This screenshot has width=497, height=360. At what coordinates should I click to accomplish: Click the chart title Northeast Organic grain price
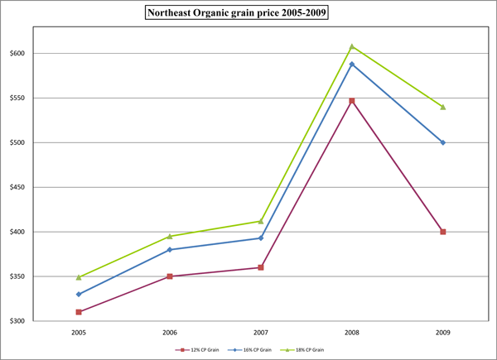[x=248, y=12]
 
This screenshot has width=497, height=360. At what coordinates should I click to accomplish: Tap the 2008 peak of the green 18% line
[x=352, y=46]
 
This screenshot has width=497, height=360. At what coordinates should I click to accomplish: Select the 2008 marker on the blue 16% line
[x=352, y=64]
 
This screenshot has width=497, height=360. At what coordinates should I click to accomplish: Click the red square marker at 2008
[x=352, y=101]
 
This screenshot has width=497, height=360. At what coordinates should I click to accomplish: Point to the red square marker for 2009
[x=443, y=232]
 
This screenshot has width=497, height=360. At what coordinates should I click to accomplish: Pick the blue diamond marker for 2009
[x=443, y=142]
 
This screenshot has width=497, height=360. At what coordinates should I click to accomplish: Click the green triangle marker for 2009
[x=443, y=107]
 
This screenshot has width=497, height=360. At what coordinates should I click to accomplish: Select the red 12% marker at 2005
[x=79, y=312]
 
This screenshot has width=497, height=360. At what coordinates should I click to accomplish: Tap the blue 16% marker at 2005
[x=79, y=294]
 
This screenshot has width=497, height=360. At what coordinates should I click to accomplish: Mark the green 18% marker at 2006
[x=170, y=236]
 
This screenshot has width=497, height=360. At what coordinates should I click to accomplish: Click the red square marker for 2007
[x=261, y=267]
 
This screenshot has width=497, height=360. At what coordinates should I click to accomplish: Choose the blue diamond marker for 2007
[x=261, y=238]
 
